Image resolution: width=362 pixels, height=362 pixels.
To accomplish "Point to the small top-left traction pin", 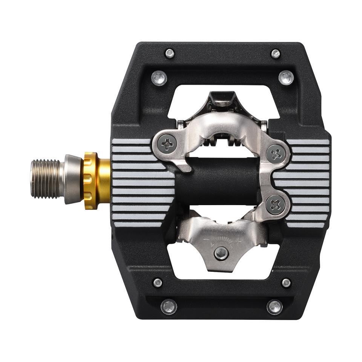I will coord(170,53).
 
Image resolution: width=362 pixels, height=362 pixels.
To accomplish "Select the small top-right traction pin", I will coord(276,54).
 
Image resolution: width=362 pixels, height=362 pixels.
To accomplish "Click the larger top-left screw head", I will coord(159,78).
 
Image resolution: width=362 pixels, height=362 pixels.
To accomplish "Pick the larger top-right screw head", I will coord(286,78).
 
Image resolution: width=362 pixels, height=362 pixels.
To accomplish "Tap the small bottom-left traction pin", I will coord(158,282).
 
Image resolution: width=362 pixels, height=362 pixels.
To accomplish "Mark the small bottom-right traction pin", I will coord(286,282).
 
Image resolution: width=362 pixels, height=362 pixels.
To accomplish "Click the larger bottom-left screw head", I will coord(169,306).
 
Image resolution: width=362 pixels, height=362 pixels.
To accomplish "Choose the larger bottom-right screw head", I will coord(275,306).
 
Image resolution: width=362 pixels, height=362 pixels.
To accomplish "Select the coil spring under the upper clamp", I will coord(222,142).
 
